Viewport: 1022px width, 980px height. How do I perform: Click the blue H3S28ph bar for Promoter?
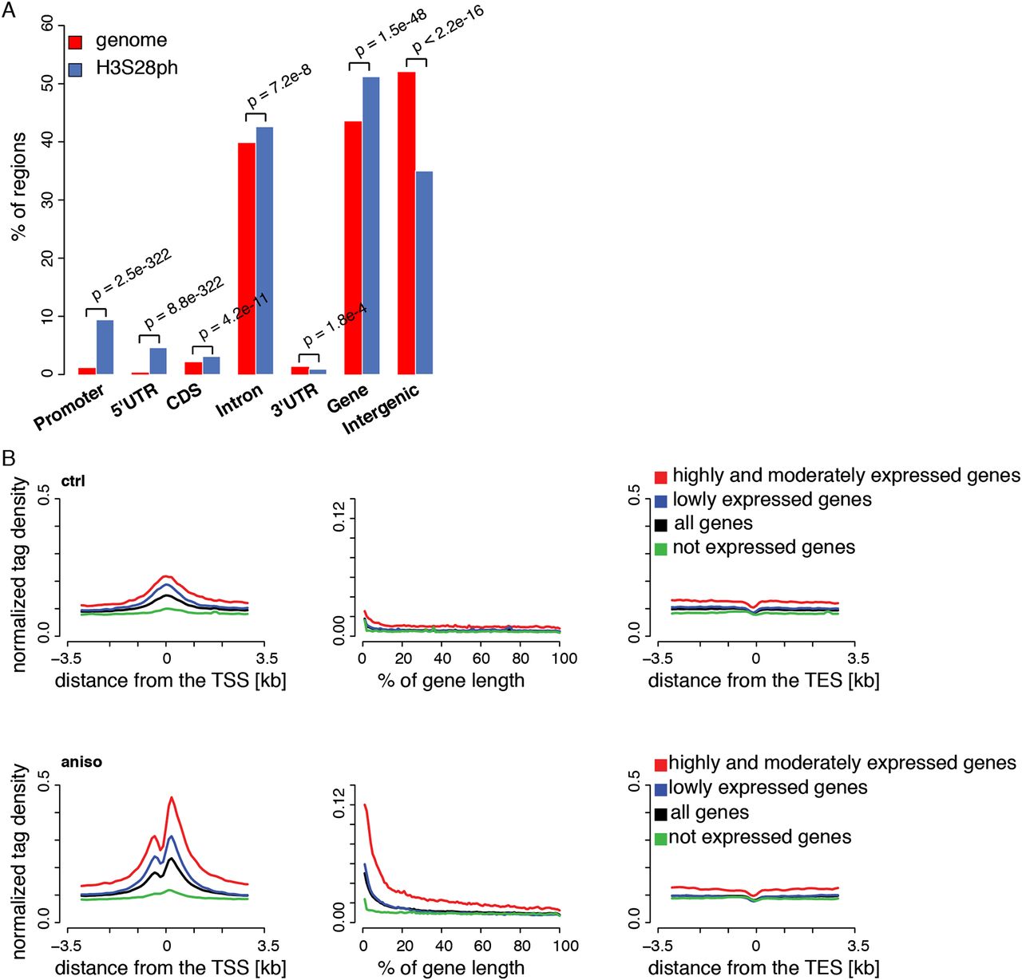pyautogui.click(x=105, y=346)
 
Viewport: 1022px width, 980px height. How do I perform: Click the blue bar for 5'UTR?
pyautogui.click(x=158, y=361)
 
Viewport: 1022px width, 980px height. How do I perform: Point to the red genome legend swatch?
pyautogui.click(x=76, y=41)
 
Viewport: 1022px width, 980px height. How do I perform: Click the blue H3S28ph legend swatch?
pyautogui.click(x=76, y=69)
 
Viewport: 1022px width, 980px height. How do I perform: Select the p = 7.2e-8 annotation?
pyautogui.click(x=279, y=86)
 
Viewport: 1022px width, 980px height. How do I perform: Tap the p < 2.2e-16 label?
pyautogui.click(x=447, y=30)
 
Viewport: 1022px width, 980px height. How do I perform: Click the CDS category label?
pyautogui.click(x=184, y=397)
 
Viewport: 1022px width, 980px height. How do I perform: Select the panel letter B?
pyautogui.click(x=9, y=458)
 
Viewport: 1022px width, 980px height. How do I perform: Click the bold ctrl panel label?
pyautogui.click(x=73, y=481)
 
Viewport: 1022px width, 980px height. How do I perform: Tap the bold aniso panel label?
pyautogui.click(x=81, y=761)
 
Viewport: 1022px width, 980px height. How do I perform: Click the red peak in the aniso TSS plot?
pyautogui.click(x=171, y=797)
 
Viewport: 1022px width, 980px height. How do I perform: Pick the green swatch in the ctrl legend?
pyautogui.click(x=660, y=549)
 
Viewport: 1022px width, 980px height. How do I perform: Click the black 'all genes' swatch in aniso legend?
pyautogui.click(x=660, y=814)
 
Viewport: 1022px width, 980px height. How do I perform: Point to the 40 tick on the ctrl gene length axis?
pyautogui.click(x=442, y=658)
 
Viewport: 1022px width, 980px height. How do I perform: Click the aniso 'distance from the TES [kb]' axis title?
pyautogui.click(x=763, y=968)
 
